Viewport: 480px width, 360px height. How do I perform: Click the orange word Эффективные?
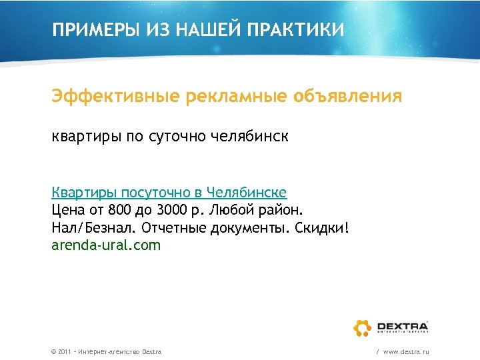[116, 97]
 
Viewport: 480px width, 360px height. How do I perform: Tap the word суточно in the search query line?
[180, 137]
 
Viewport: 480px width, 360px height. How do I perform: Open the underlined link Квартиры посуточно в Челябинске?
[169, 193]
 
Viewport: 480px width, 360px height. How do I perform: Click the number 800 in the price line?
[121, 211]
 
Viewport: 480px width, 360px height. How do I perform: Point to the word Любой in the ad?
[234, 211]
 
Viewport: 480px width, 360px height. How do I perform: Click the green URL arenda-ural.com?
[106, 245]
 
